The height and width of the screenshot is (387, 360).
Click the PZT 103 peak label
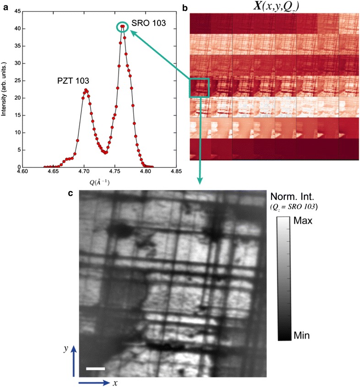(73, 81)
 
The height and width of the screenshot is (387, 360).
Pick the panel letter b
(184, 6)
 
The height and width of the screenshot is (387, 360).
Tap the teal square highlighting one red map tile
(199, 87)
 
